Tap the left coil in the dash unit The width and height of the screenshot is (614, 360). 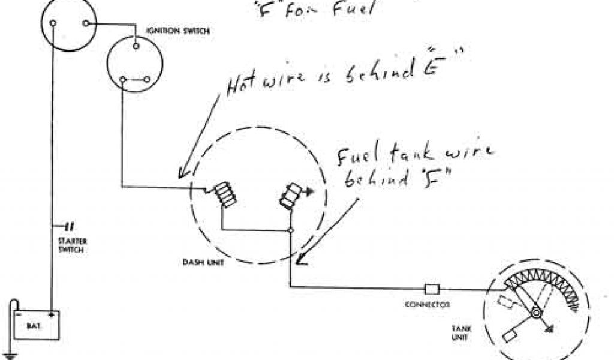tap(227, 194)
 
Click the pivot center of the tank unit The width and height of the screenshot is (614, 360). tap(535, 313)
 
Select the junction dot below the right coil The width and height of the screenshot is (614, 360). tap(290, 230)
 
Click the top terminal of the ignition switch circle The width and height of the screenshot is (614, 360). tap(137, 45)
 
